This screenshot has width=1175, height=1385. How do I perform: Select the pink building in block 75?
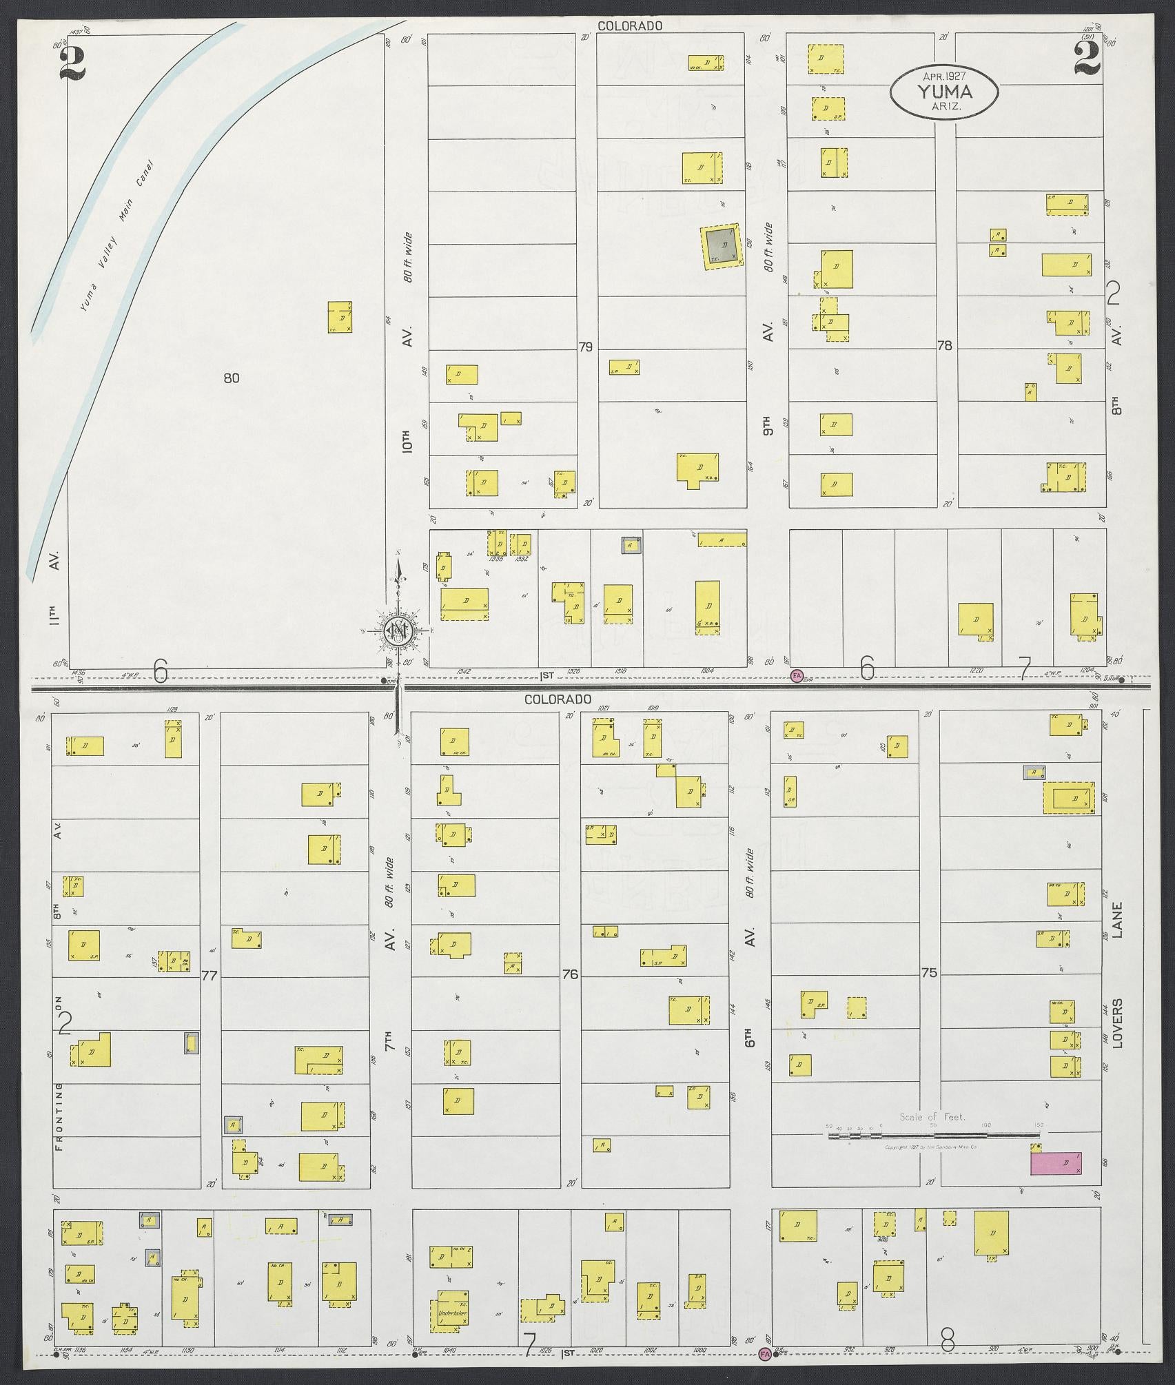(x=1056, y=1163)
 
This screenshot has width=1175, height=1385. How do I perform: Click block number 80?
(x=232, y=378)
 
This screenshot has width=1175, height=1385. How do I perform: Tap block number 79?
(x=585, y=347)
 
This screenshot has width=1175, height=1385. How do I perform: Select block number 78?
(x=944, y=346)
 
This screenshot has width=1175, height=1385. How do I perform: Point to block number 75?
(x=929, y=974)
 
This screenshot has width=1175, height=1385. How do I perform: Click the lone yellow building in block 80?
(x=340, y=317)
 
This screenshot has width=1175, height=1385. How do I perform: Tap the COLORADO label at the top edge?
(x=630, y=26)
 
